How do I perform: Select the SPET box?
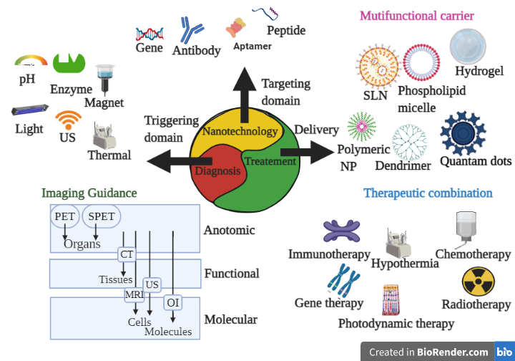pyautogui.click(x=101, y=216)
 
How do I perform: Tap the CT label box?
pyautogui.click(x=127, y=254)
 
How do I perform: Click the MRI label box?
pyautogui.click(x=134, y=294)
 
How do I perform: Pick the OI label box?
pyautogui.click(x=172, y=302)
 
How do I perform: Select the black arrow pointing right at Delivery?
pyautogui.click(x=308, y=152)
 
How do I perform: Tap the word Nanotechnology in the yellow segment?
pyautogui.click(x=239, y=131)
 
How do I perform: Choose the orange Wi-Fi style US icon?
pyautogui.click(x=69, y=120)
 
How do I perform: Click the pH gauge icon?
pyautogui.click(x=30, y=62)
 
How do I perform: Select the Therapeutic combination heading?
pyautogui.click(x=428, y=193)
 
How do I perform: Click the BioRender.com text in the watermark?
pyautogui.click(x=453, y=352)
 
